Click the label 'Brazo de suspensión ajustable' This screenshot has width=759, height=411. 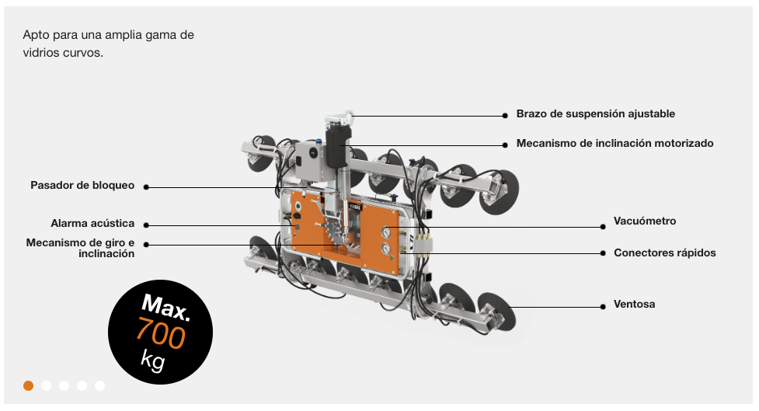click(595, 114)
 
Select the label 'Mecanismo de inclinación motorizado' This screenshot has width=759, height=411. click(615, 144)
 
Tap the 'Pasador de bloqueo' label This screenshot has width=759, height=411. click(82, 186)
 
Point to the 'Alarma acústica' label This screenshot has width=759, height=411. click(92, 224)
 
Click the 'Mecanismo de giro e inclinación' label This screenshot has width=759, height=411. click(80, 248)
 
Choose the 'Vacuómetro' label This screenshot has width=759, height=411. click(645, 221)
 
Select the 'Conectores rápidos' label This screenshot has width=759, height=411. click(664, 253)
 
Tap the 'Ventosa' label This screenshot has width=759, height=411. click(634, 305)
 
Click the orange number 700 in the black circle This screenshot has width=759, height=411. click(161, 334)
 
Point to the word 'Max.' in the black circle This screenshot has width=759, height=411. click(165, 308)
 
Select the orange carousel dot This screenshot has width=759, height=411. click(29, 385)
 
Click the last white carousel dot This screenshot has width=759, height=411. click(99, 385)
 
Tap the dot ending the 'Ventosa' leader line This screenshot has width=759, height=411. click(602, 307)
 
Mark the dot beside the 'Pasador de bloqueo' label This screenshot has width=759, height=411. click(146, 187)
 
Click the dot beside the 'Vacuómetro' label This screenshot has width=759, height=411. click(602, 227)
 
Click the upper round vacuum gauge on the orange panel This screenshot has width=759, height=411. click(385, 232)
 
